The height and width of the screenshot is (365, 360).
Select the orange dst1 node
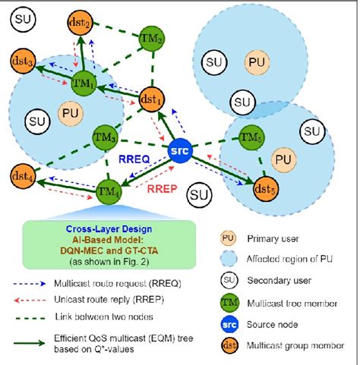tap(153, 98)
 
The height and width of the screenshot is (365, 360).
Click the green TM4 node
tap(109, 188)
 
